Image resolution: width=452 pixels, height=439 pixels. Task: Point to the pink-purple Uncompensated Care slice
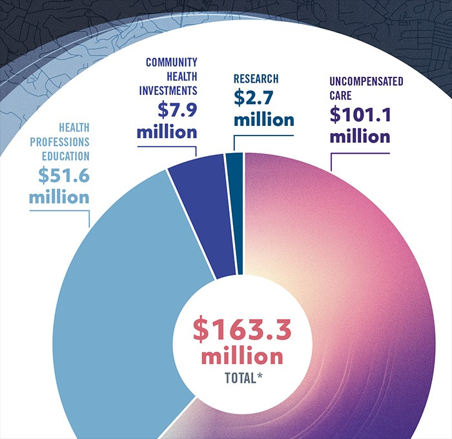point(360,288)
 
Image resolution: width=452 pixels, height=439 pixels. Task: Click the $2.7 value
point(253,97)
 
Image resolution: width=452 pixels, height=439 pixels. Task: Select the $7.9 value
point(178,110)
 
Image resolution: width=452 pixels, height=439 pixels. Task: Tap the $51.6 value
point(64,175)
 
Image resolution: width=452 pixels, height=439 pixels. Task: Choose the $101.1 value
point(360,114)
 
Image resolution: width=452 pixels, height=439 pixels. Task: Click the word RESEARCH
point(256,79)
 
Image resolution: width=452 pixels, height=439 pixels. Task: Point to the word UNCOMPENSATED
point(366,81)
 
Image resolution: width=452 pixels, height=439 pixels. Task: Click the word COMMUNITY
point(172,62)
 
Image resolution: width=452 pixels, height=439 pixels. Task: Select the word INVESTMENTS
point(168,90)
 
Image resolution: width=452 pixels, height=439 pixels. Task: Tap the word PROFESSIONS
point(59,142)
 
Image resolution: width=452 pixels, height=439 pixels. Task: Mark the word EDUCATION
point(66,156)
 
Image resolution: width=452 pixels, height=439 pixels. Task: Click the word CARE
point(340,96)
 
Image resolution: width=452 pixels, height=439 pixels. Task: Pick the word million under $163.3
point(242,356)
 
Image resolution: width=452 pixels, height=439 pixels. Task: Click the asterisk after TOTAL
point(260,376)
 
